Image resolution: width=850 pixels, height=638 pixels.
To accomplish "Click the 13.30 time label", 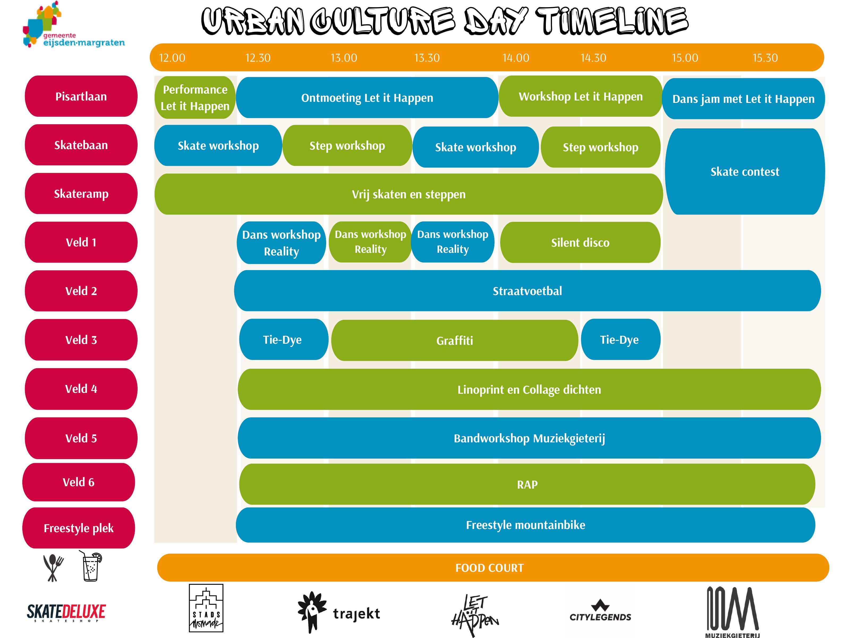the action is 427,58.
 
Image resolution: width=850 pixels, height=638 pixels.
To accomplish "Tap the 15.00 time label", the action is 685,58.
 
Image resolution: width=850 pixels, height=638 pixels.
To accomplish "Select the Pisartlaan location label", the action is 81,96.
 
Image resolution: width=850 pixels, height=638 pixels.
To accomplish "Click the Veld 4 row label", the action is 81,389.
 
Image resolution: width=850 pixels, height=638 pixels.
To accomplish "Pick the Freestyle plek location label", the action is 79,528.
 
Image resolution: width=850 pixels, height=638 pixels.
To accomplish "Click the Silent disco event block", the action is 580,242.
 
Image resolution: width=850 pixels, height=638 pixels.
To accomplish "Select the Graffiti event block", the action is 454,340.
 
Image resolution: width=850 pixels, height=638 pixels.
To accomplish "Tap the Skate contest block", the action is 745,171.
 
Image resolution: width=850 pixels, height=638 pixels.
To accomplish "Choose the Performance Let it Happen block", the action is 195,97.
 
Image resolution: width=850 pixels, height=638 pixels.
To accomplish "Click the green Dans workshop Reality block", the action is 371,242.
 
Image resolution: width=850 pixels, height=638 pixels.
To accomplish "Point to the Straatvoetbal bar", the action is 527,291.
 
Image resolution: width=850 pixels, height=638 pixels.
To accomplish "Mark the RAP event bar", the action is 527,484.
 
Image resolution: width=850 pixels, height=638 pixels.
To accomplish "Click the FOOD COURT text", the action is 490,568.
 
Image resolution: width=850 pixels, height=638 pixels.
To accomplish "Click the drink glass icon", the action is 91,566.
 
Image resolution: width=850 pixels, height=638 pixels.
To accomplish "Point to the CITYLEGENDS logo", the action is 600,610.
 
